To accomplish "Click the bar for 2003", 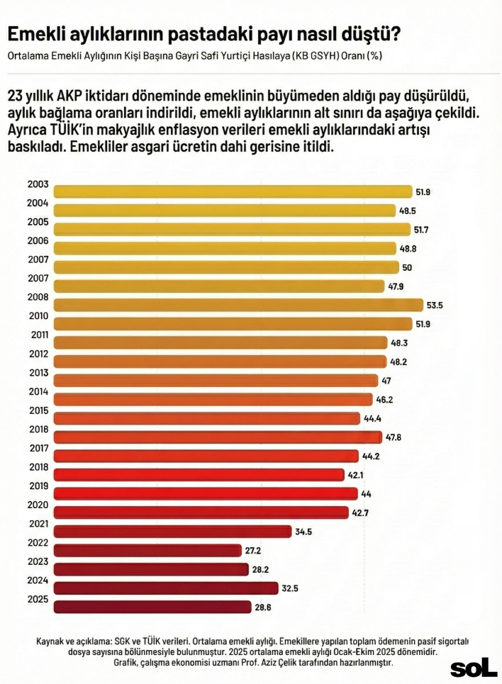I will pos(233,191).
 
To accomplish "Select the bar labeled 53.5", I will pos(238,305).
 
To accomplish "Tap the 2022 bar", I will pos(147,550).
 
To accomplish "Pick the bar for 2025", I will pos(152,607).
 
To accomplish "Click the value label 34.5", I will pos(305,531).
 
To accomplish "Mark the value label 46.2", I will pos(385,400).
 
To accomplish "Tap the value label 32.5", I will pos(292,588).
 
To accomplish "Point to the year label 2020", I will pos(38,505).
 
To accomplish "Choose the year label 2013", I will pos(38,373).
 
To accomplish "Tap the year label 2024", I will pos(38,581).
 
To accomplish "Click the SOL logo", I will pos(474,668).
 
